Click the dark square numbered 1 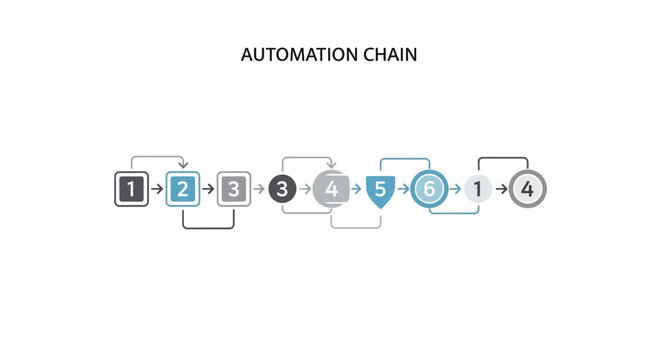[x=131, y=188]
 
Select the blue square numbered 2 [x=182, y=188]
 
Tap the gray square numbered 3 [x=233, y=188]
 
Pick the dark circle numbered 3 [x=283, y=188]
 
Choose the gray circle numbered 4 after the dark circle [x=331, y=188]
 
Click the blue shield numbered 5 [x=380, y=188]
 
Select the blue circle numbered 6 [x=428, y=188]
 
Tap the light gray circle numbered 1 [x=478, y=188]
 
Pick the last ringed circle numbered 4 [x=527, y=188]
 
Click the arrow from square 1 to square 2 [x=157, y=188]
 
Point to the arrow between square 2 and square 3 [x=208, y=188]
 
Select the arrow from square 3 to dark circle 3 [x=258, y=188]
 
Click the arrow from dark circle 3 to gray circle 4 [x=306, y=188]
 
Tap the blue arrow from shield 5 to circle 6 [x=403, y=188]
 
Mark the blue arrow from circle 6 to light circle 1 [x=454, y=188]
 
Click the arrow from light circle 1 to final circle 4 [x=502, y=188]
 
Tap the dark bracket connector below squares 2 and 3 [x=208, y=227]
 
